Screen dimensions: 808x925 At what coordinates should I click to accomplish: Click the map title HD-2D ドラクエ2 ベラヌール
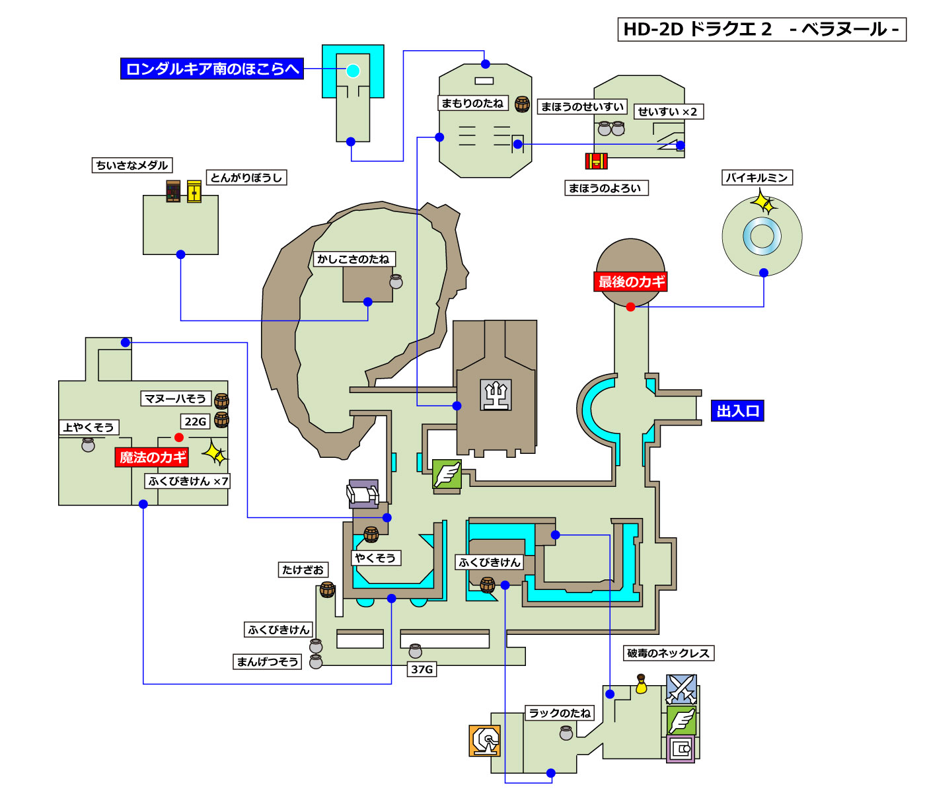click(x=761, y=30)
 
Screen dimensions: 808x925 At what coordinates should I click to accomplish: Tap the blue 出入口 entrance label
click(x=737, y=411)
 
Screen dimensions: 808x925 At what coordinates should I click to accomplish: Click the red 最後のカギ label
click(x=631, y=282)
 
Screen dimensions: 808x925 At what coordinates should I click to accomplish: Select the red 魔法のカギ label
click(x=153, y=457)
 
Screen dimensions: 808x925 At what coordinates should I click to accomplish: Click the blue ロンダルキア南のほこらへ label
click(x=211, y=69)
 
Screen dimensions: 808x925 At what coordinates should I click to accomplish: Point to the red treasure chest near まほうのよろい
click(x=596, y=161)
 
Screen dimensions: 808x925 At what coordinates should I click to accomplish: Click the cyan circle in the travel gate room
click(x=353, y=71)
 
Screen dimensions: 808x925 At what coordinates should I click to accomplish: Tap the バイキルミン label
click(x=757, y=178)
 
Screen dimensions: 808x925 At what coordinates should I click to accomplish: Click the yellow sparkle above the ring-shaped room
click(x=764, y=202)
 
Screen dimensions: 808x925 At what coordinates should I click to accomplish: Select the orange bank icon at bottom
click(x=484, y=741)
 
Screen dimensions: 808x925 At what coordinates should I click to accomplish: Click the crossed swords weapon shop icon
click(x=681, y=689)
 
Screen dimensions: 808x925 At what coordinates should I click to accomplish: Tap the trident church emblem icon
click(x=496, y=395)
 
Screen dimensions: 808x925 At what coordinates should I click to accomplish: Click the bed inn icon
click(x=363, y=494)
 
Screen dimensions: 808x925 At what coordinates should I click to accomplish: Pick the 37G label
click(x=422, y=669)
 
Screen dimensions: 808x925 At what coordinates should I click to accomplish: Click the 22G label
click(x=195, y=422)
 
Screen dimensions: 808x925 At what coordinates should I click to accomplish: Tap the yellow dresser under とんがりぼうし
click(x=194, y=192)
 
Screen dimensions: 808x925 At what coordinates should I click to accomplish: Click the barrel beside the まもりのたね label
click(x=522, y=104)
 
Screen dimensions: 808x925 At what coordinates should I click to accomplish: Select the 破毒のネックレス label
click(x=668, y=653)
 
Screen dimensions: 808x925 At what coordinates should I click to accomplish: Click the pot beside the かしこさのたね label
click(x=396, y=281)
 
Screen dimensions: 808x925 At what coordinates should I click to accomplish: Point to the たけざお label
click(x=303, y=569)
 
